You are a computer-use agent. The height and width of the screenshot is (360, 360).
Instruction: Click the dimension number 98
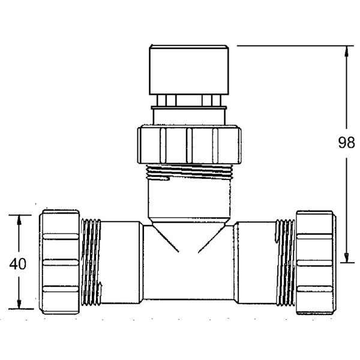pos(346,143)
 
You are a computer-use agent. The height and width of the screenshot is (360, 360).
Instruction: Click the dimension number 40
pos(19,264)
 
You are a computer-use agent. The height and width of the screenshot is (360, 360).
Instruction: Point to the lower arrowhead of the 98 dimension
pos(346,258)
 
